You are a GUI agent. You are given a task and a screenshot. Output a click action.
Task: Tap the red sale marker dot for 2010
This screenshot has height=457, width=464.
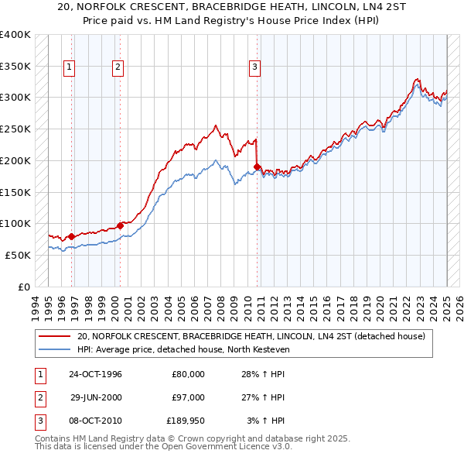256,165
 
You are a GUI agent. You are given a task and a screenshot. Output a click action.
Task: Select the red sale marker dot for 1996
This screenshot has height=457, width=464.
71,236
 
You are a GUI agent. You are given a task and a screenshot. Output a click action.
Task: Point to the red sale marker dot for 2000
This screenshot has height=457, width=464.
120,225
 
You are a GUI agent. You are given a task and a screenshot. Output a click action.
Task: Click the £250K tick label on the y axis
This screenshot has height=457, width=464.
15,129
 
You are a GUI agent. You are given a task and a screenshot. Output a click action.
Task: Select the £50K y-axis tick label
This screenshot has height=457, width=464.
18,255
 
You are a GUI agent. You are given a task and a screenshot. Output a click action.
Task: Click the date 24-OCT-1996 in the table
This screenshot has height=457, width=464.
95,374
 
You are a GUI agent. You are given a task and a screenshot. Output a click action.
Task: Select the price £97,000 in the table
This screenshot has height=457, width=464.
188,397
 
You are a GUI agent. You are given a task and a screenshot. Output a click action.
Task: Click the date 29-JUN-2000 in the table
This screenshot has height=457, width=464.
95,397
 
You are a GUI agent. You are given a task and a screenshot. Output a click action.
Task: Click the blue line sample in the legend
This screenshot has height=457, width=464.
54,350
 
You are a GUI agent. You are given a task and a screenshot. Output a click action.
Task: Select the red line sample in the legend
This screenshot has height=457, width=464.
54,337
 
